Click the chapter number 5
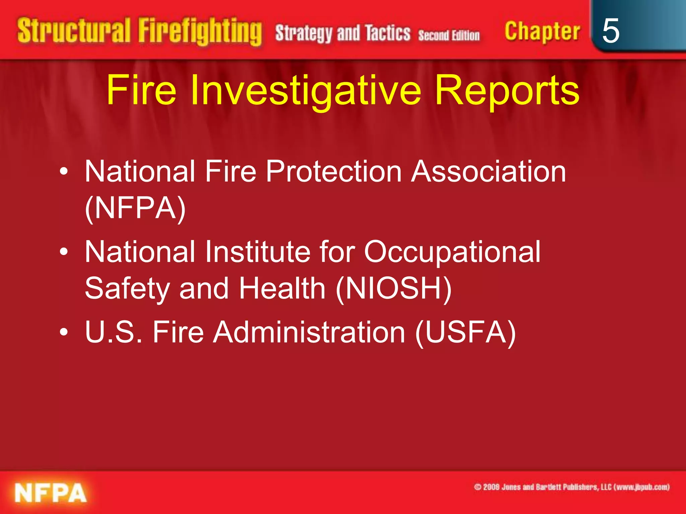610,31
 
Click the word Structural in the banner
74,31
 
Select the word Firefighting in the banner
200,32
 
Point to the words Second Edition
449,35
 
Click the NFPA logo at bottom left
51,493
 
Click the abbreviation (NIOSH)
394,288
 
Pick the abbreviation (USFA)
465,332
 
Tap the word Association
489,171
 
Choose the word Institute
258,252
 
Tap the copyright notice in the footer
571,487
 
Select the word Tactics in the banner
388,33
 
